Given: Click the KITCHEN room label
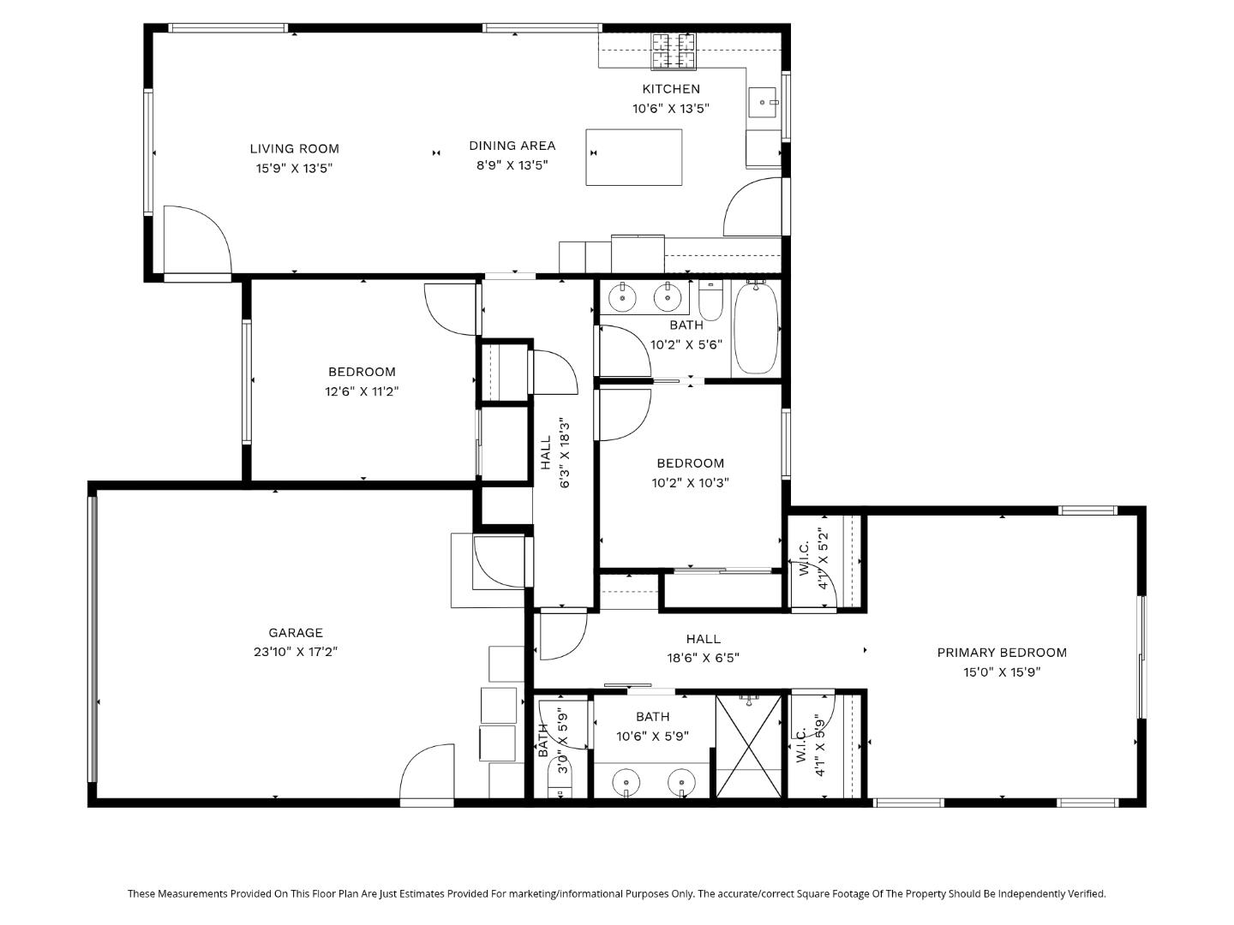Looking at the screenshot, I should [671, 89].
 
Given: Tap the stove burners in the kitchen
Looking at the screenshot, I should [673, 51].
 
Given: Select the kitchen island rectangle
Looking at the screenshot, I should [633, 157].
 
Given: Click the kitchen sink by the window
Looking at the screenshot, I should [762, 102].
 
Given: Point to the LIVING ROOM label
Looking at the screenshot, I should [294, 149].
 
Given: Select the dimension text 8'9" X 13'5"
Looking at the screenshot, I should [512, 165].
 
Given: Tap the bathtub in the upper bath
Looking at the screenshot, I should [756, 328].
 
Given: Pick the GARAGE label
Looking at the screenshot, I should [296, 633].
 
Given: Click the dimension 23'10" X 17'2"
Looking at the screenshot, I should [296, 652].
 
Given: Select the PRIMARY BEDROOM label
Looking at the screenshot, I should [1002, 653].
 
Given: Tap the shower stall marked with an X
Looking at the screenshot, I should [749, 746].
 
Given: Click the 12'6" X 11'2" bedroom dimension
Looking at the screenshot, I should [362, 391].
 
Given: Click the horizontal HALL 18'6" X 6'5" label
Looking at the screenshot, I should [703, 648].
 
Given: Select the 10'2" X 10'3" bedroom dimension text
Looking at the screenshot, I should [690, 483].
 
